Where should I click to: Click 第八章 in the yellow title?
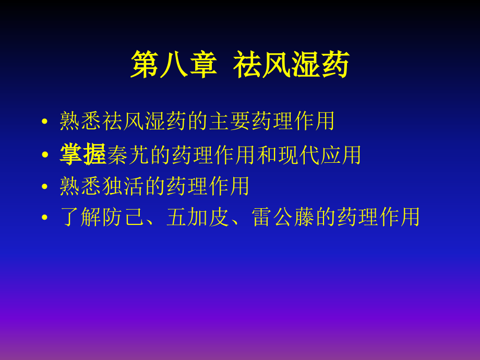(x=173, y=66)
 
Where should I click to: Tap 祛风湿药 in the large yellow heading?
(x=291, y=66)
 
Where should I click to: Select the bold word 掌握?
(x=83, y=154)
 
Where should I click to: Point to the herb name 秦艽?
(x=127, y=154)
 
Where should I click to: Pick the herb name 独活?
(x=124, y=186)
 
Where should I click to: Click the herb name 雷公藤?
(x=284, y=217)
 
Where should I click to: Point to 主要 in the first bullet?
(x=230, y=122)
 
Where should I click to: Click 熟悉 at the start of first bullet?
(x=81, y=122)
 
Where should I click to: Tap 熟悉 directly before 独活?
(x=81, y=186)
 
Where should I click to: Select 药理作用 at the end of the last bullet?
(x=379, y=217)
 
